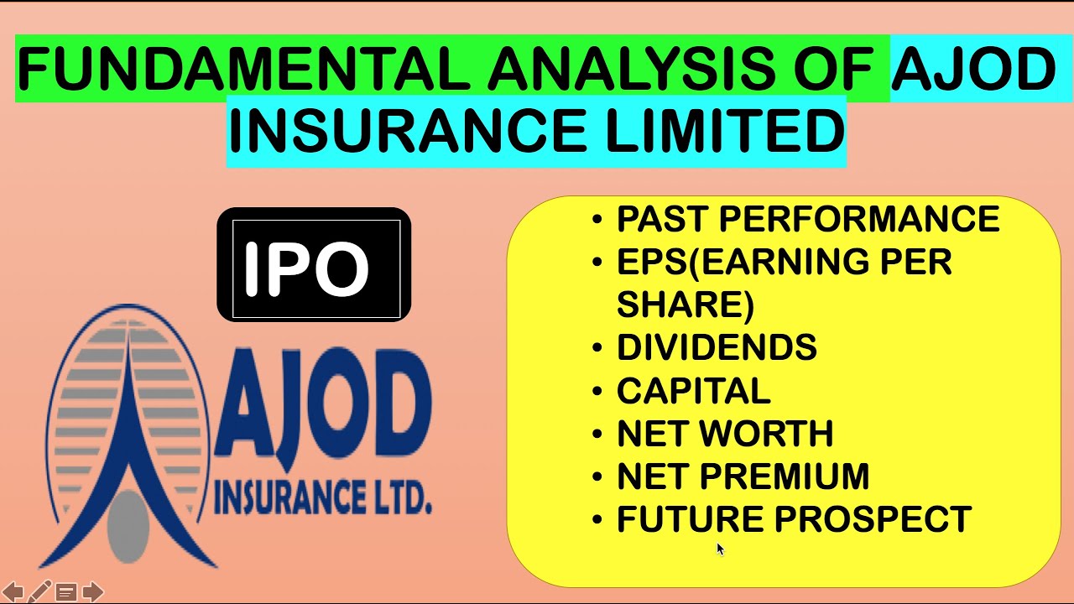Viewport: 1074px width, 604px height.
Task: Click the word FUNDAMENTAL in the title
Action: (x=243, y=70)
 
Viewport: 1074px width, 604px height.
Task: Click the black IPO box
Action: (x=314, y=265)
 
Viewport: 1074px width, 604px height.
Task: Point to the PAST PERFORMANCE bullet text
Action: (x=807, y=220)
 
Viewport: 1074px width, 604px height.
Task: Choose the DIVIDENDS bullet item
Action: (x=717, y=347)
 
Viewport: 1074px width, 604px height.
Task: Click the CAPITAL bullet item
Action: (x=693, y=391)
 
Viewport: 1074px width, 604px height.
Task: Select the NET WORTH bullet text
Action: (x=725, y=434)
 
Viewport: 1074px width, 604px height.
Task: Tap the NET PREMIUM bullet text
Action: (x=743, y=476)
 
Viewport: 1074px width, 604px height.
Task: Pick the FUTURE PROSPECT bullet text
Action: (x=794, y=519)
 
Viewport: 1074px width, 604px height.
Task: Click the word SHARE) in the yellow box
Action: (x=685, y=305)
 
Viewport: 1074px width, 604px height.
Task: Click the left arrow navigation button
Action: (x=13, y=592)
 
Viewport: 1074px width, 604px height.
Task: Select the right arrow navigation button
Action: (x=93, y=592)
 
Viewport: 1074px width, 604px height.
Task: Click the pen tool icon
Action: (x=39, y=591)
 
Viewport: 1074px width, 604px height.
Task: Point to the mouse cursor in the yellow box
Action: (x=720, y=549)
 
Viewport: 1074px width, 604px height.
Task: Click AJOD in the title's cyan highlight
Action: (x=973, y=70)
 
